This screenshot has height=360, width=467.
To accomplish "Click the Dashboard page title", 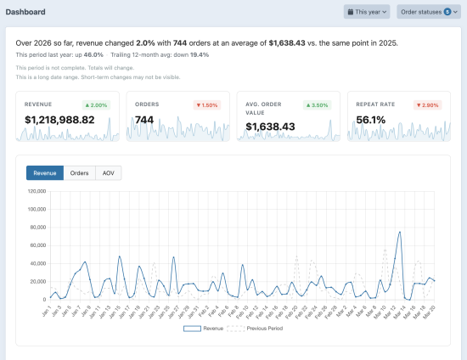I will pos(26,13).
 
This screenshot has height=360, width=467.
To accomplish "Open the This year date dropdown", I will pos(367,12).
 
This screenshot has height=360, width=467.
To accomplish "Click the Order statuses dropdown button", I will pos(428,12).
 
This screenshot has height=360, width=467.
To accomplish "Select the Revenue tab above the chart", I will pos(45,173).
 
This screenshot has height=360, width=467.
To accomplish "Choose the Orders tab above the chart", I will pos(79,173).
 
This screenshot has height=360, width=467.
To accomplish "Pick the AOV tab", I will pos(108,173).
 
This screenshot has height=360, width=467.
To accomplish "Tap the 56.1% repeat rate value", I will pos(371,121).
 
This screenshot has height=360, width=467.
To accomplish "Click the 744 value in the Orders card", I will pos(144,121).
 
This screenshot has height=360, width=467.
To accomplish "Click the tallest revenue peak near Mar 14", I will pos(399,232).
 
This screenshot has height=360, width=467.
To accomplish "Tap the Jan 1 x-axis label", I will pos(46,311).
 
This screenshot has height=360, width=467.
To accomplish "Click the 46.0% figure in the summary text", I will pos(93,54).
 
